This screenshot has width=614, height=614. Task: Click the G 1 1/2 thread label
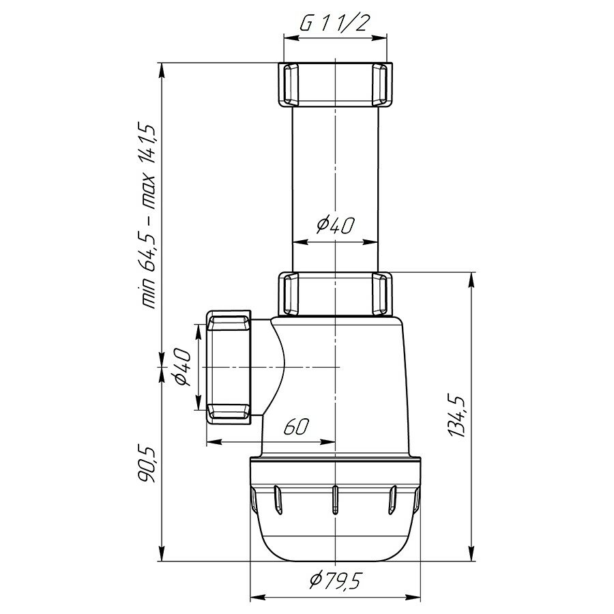334,23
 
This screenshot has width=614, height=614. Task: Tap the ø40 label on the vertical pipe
336,225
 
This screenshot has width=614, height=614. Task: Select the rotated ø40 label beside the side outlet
182,367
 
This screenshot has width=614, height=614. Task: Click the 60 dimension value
297,427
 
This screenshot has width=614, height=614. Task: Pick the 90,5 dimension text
148,465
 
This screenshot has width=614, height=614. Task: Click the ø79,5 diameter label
334,580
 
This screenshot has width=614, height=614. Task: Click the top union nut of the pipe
335,84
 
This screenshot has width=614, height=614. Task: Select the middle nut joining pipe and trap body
335,293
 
